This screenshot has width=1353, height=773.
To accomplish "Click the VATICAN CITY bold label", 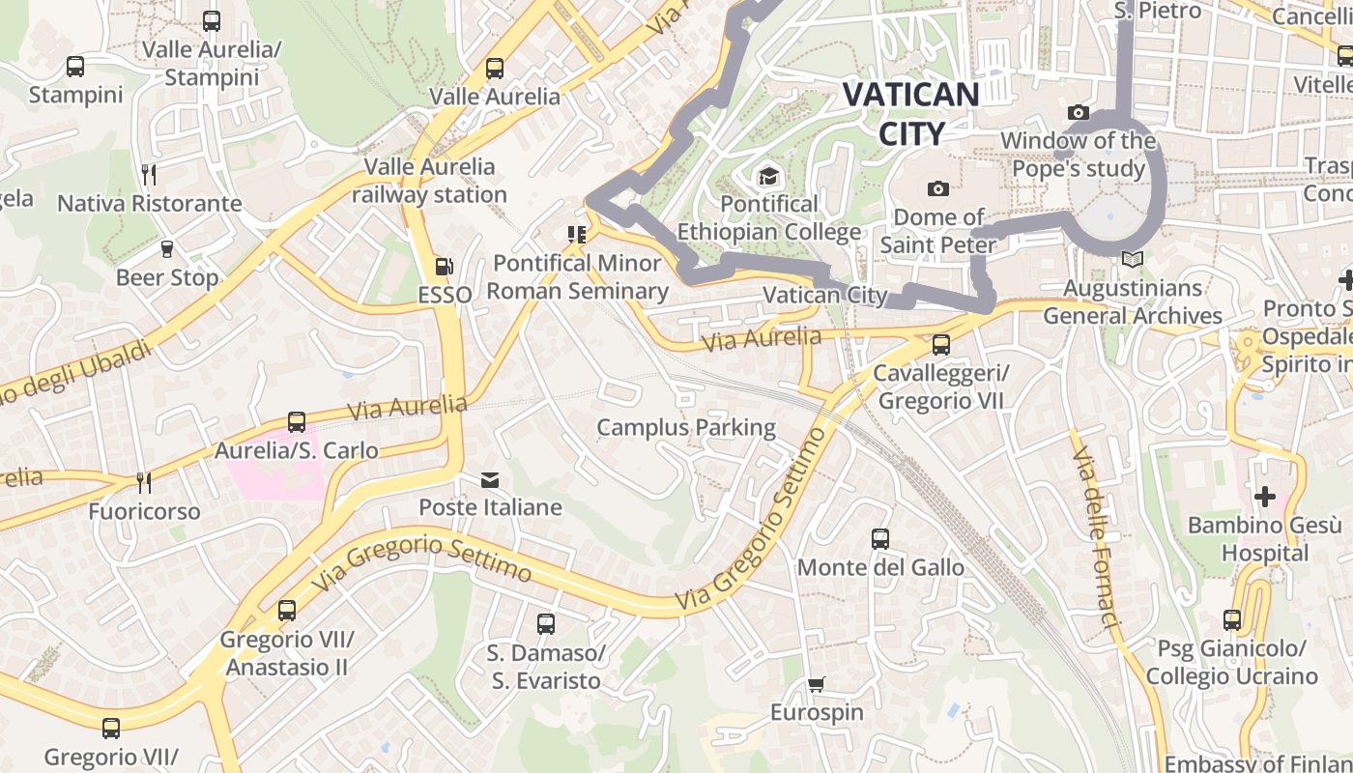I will tap(910, 113).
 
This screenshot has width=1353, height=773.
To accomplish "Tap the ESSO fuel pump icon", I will tap(445, 266).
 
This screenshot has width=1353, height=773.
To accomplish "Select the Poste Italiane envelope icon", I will tap(490, 480).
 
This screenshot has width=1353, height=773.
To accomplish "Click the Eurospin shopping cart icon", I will tap(817, 685).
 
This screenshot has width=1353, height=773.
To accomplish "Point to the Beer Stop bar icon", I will tap(166, 249).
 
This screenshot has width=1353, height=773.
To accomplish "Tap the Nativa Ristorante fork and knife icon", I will tap(149, 174).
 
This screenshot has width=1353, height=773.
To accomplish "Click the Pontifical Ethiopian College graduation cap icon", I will tap(768, 176).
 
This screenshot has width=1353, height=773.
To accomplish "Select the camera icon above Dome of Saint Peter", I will tap(937, 188).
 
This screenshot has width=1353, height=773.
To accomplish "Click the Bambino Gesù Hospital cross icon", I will tap(1264, 497).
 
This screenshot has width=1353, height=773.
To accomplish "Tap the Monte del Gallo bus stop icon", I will tap(879, 539).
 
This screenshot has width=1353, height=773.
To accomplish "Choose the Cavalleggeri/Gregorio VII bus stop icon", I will tap(940, 344).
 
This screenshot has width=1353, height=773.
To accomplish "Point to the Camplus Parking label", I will tap(686, 427).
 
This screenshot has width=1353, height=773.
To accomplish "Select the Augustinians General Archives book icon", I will tap(1133, 259).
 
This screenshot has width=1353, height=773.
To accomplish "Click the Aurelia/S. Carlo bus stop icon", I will tap(297, 422).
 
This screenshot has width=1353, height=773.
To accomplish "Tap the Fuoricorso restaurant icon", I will tap(144, 481).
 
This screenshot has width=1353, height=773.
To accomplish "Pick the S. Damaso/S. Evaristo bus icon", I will tap(546, 624).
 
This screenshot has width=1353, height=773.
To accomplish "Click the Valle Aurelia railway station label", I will tap(429, 181).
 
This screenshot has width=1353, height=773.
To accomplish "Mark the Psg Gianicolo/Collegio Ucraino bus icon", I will tap(1232, 619).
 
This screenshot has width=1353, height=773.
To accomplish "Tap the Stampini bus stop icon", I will tap(75, 67).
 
